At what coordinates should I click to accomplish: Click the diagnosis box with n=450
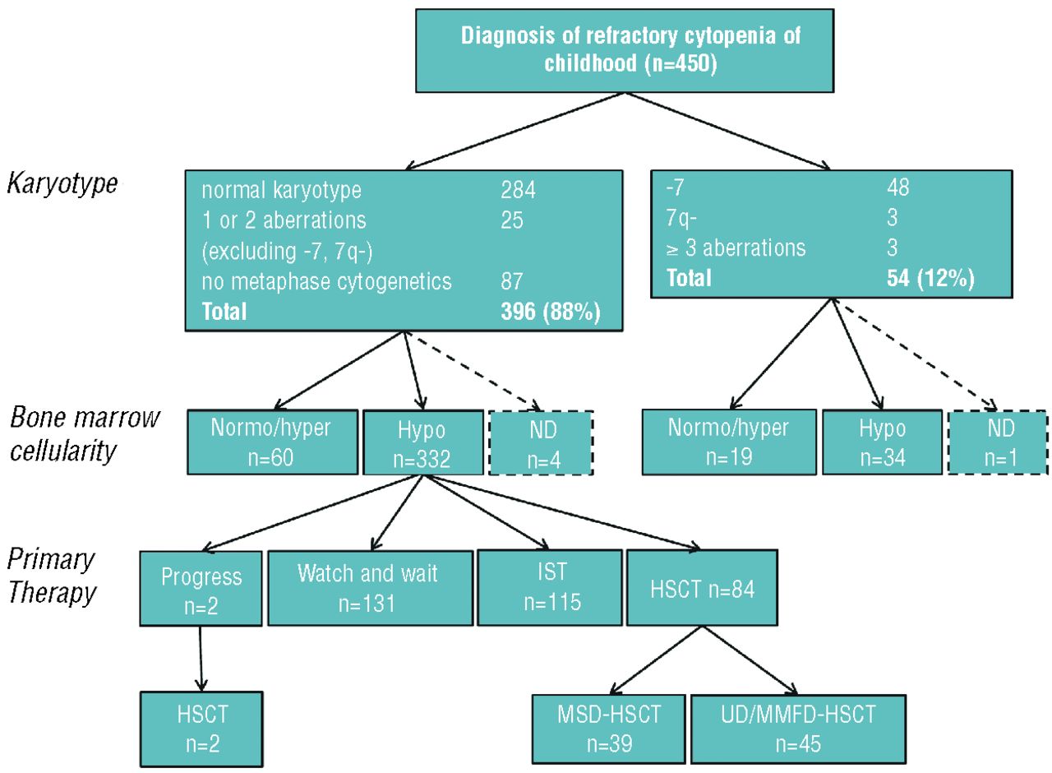(x=631, y=50)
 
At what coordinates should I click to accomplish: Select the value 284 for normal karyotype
(x=519, y=191)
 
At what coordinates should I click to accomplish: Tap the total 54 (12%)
(x=926, y=278)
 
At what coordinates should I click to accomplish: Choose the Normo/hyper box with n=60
(x=270, y=443)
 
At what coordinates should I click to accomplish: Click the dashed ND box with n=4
(x=541, y=443)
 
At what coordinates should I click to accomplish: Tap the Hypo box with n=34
(x=882, y=442)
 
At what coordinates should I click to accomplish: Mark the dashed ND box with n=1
(x=998, y=442)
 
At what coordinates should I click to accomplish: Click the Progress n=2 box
(x=201, y=589)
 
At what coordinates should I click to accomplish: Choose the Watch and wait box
(x=371, y=588)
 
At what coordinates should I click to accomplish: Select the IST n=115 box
(x=550, y=588)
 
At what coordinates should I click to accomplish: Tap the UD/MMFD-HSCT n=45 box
(x=799, y=727)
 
